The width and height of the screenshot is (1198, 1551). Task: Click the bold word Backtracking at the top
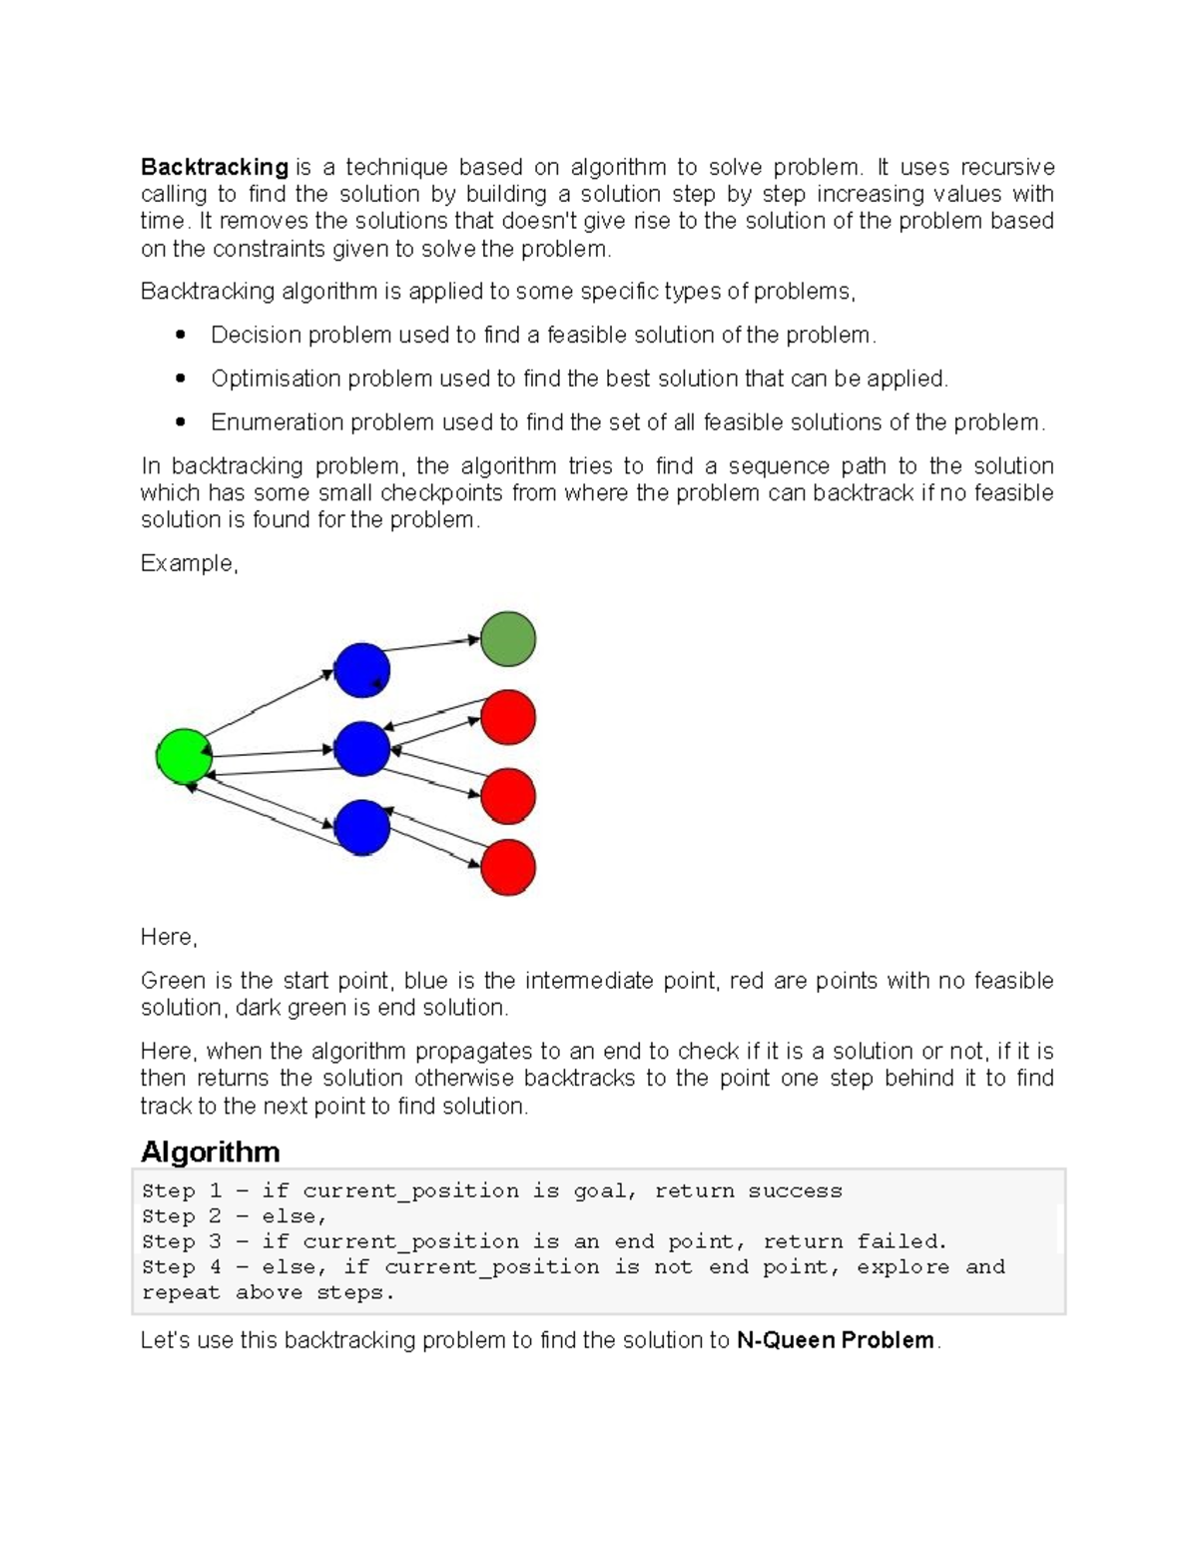coord(214,167)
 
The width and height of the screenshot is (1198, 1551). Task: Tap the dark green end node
coord(508,639)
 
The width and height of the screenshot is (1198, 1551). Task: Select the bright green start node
coord(185,756)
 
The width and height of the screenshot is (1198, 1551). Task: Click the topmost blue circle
coord(361,670)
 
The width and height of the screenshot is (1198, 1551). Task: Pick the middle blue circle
coord(361,749)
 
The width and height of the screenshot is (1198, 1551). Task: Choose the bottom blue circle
coord(361,827)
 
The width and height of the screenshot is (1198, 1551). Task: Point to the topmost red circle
coord(508,717)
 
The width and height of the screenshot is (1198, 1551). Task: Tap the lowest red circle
coord(508,867)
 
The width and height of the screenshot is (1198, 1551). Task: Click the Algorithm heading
coord(210,1152)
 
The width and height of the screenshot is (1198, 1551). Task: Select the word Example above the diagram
coord(187,563)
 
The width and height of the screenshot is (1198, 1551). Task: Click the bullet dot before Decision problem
coord(181,336)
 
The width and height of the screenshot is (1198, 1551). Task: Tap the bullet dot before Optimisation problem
coord(181,380)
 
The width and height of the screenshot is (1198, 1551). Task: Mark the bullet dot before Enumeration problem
coord(181,422)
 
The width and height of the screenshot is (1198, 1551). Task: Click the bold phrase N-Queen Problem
coord(836,1340)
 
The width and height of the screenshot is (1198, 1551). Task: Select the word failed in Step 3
coord(900,1242)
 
